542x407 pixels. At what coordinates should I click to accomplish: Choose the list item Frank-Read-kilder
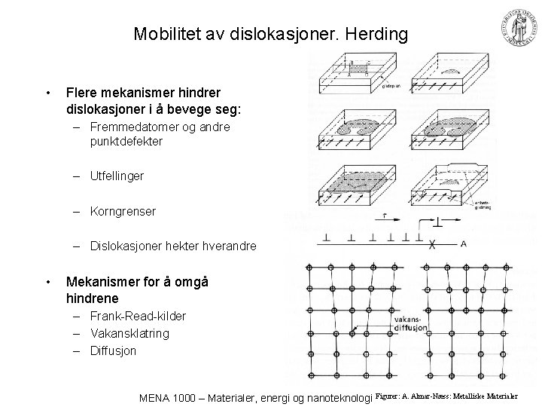[137, 316]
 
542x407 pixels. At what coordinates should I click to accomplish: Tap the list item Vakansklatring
[129, 333]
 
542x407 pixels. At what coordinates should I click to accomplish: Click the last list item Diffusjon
[113, 350]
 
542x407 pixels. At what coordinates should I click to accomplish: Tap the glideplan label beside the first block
[390, 87]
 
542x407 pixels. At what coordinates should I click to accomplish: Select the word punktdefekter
[124, 141]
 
